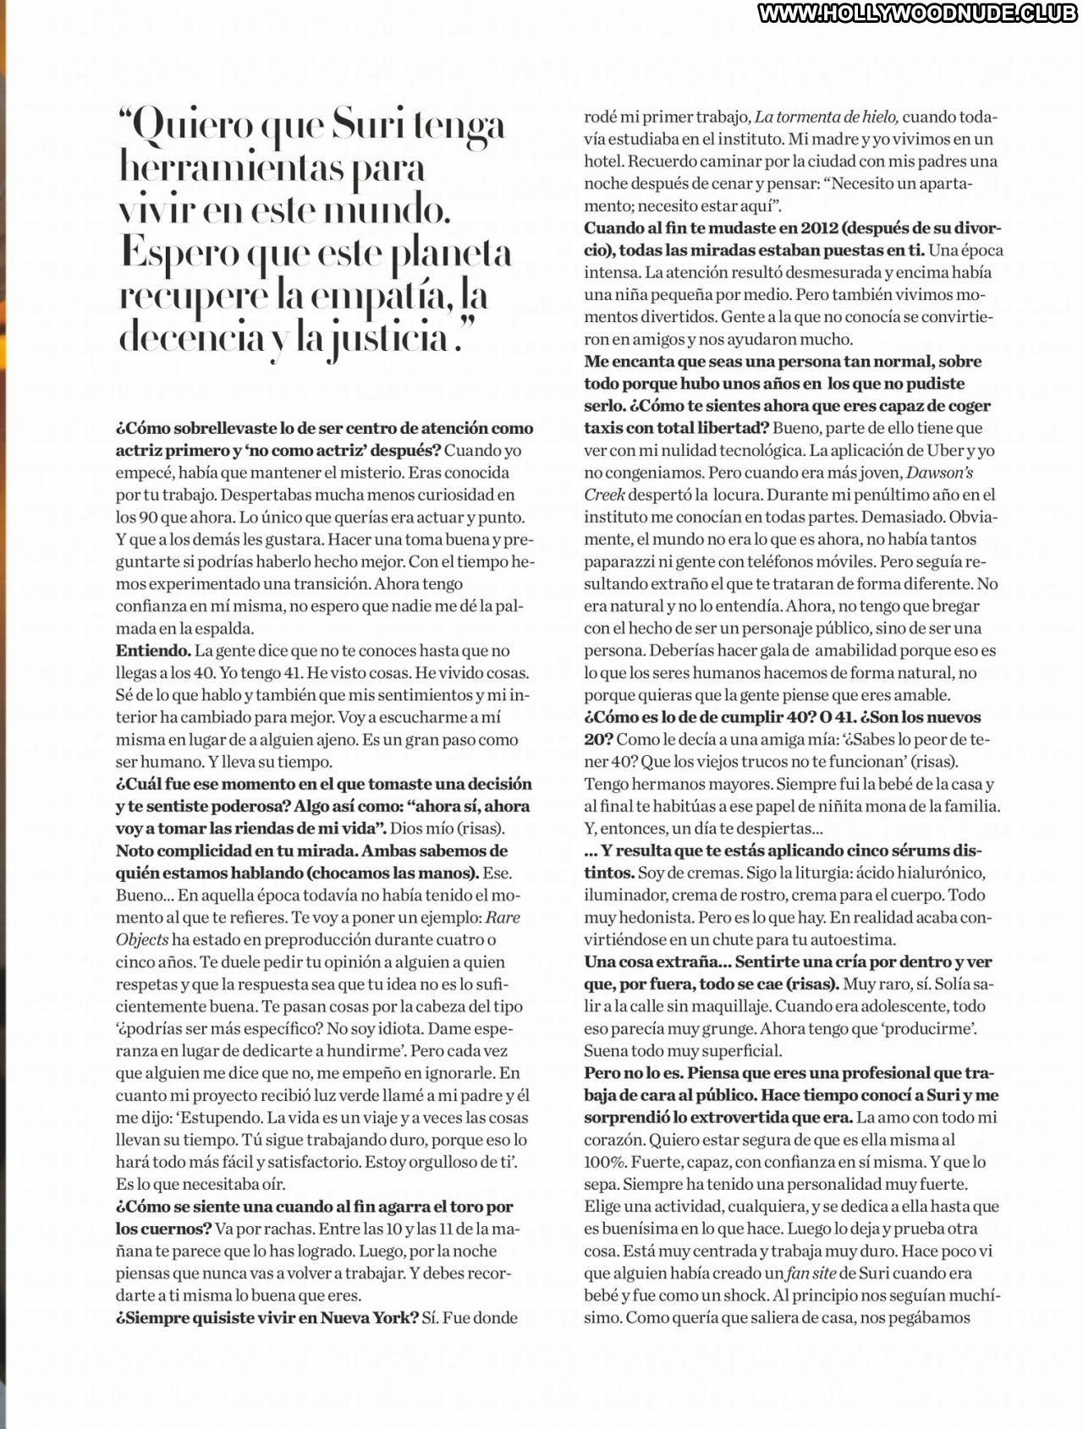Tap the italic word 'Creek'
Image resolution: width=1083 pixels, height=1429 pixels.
(604, 495)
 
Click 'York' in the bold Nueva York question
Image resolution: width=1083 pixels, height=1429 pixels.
(394, 1317)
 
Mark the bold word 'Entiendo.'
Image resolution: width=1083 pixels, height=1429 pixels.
(153, 650)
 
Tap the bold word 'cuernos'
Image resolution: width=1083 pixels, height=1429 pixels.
(163, 1229)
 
